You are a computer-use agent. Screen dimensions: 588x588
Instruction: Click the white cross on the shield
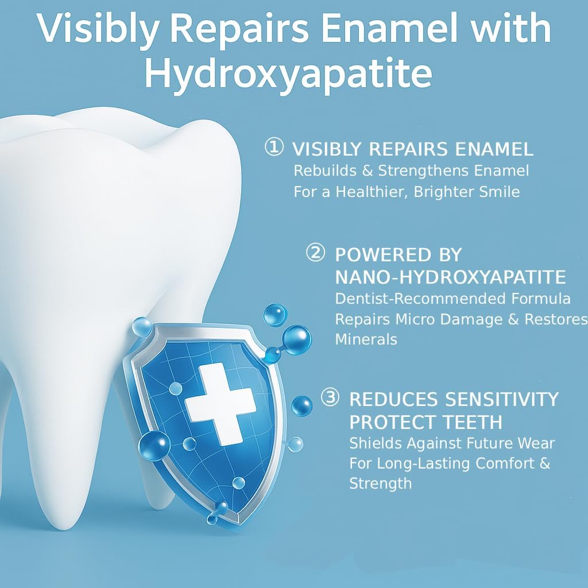(x=219, y=397)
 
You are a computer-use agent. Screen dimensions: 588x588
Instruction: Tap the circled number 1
(x=273, y=148)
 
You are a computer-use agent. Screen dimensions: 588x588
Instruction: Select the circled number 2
(x=315, y=253)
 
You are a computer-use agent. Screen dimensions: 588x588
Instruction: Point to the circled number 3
(x=330, y=397)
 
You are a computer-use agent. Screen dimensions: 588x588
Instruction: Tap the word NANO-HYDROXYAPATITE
(x=450, y=277)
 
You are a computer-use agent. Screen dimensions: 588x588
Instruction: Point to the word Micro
(x=412, y=319)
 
